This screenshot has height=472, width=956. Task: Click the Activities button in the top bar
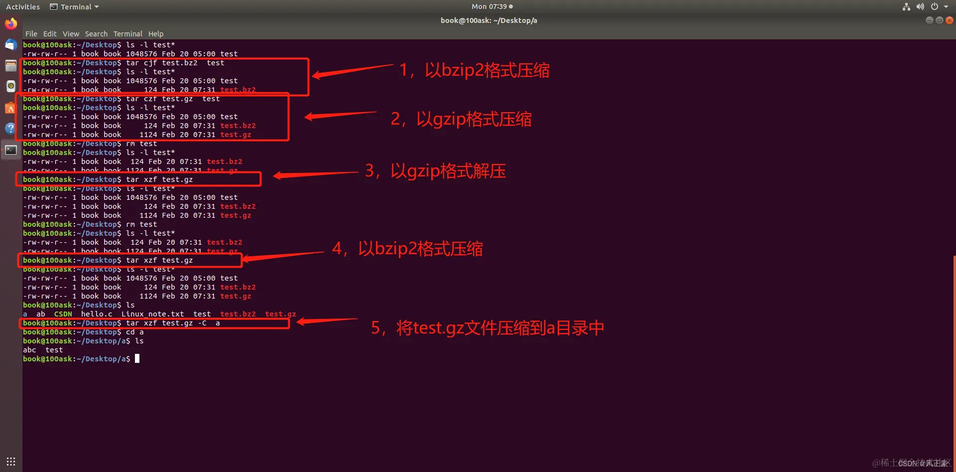(x=23, y=7)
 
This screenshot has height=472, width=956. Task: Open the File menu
(x=31, y=34)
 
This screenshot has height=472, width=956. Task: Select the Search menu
(x=96, y=34)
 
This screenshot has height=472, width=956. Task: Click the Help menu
(x=156, y=34)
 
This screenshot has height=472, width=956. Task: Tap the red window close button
(x=950, y=20)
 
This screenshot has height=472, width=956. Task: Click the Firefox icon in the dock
(x=11, y=24)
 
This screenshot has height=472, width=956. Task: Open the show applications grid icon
(x=11, y=462)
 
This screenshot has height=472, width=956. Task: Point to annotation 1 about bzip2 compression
(x=475, y=70)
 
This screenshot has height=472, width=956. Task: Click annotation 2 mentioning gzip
(x=461, y=119)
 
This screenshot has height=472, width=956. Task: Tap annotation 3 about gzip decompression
(x=435, y=171)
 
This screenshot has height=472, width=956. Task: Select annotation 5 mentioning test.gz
(x=487, y=328)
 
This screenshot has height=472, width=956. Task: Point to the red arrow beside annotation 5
(x=327, y=321)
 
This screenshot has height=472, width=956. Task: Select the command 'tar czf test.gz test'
(x=173, y=99)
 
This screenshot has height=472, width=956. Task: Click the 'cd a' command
(x=134, y=332)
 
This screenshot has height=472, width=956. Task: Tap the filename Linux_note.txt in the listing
(x=152, y=314)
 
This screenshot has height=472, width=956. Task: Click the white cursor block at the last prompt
(x=137, y=358)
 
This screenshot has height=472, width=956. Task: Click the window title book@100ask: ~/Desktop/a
(x=488, y=20)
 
